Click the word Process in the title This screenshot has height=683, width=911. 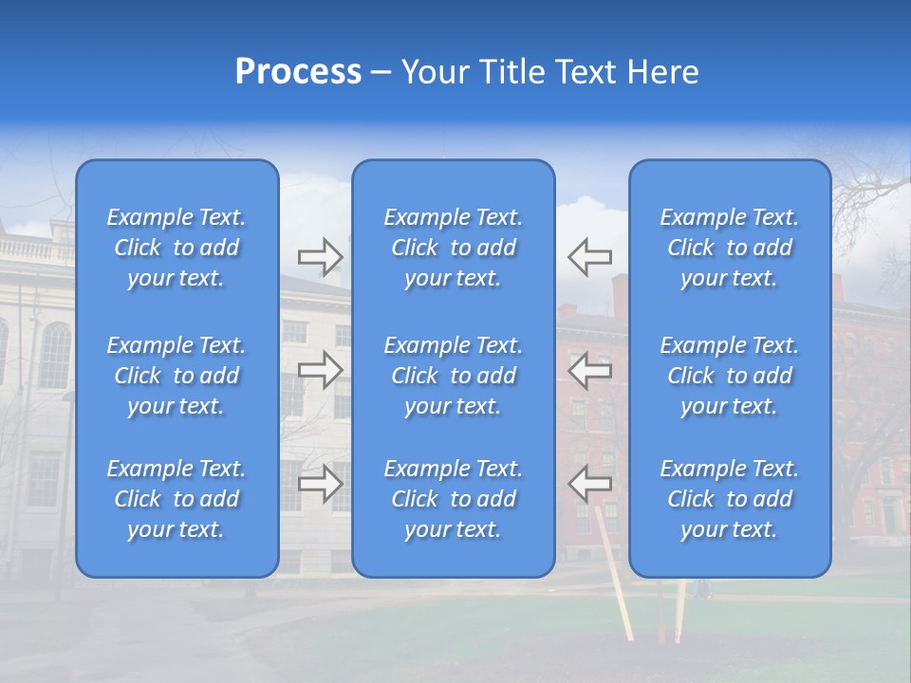[298, 72]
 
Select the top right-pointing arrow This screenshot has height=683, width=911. [320, 256]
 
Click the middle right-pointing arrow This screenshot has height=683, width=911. [320, 370]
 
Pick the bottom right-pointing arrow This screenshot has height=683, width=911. [320, 484]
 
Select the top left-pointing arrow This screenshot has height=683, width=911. [590, 256]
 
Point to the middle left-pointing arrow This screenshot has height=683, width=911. [590, 370]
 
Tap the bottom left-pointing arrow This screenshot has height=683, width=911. [590, 484]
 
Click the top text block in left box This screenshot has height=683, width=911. [177, 248]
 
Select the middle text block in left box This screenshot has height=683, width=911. [177, 376]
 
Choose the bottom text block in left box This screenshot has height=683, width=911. [177, 499]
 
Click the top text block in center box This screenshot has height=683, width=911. [454, 248]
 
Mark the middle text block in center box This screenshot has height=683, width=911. [454, 376]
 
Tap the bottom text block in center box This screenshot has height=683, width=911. [454, 499]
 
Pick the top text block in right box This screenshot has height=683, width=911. [730, 248]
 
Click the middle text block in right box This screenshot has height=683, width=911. [730, 376]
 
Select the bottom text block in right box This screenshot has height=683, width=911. [730, 499]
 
